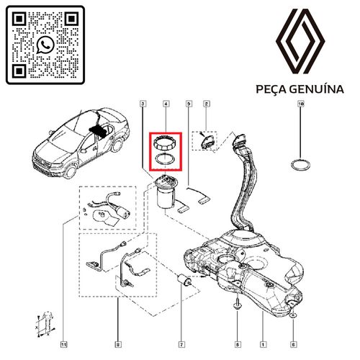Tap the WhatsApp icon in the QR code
[45, 45]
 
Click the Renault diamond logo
[300, 41]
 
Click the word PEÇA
[271, 89]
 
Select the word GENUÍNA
[317, 89]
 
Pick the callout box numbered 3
[143, 104]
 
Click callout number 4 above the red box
[166, 104]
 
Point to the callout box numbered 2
[206, 104]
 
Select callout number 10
[300, 104]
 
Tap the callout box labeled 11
[63, 345]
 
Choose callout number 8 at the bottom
[117, 345]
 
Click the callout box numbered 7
[181, 345]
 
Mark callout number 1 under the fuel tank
[263, 345]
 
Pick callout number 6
[293, 345]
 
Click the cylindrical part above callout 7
[184, 280]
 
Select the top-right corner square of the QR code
[71, 19]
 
